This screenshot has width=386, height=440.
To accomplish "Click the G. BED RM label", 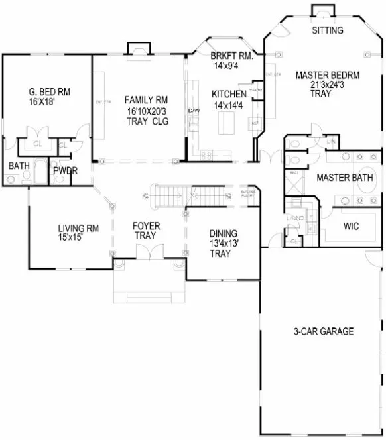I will coord(50,91).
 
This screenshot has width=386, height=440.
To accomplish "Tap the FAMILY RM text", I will coord(141,100).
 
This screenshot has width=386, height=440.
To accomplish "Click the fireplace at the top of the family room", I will coord(137,49).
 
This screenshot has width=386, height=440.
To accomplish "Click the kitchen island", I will coord(228,122).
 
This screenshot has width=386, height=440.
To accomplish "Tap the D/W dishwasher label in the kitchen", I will coord(194,111).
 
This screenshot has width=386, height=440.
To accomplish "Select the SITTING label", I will coord(327,30).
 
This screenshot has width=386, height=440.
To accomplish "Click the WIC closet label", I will coord(351,225).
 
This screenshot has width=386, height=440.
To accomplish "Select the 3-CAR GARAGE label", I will coord(323,331).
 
